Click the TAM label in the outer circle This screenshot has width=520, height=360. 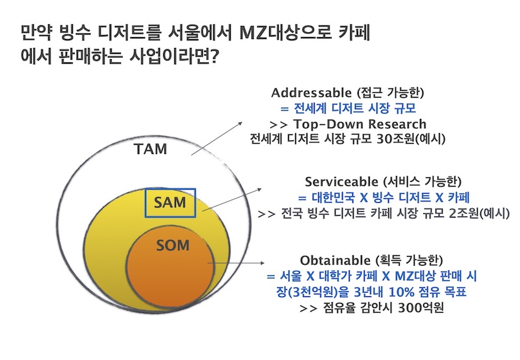click(x=150, y=149)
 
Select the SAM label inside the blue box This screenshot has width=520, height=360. click(x=170, y=203)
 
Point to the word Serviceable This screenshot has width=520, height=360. click(x=343, y=181)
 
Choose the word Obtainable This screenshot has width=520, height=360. click(x=336, y=259)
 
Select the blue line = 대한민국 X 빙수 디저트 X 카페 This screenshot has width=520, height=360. click(x=383, y=197)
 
